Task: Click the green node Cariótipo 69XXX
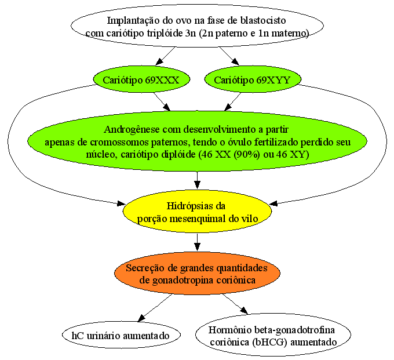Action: point(141,79)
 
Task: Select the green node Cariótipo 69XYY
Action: point(253,79)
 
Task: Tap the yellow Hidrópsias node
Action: point(197,212)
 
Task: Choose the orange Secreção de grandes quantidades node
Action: point(197,274)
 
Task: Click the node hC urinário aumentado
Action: point(121,335)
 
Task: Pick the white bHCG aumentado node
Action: point(273,335)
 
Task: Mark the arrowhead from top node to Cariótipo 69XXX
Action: point(159,62)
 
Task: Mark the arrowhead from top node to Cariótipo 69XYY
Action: point(235,62)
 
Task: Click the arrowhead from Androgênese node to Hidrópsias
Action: point(197,185)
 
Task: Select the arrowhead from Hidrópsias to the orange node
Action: point(197,247)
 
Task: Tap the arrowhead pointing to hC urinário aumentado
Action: point(141,318)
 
